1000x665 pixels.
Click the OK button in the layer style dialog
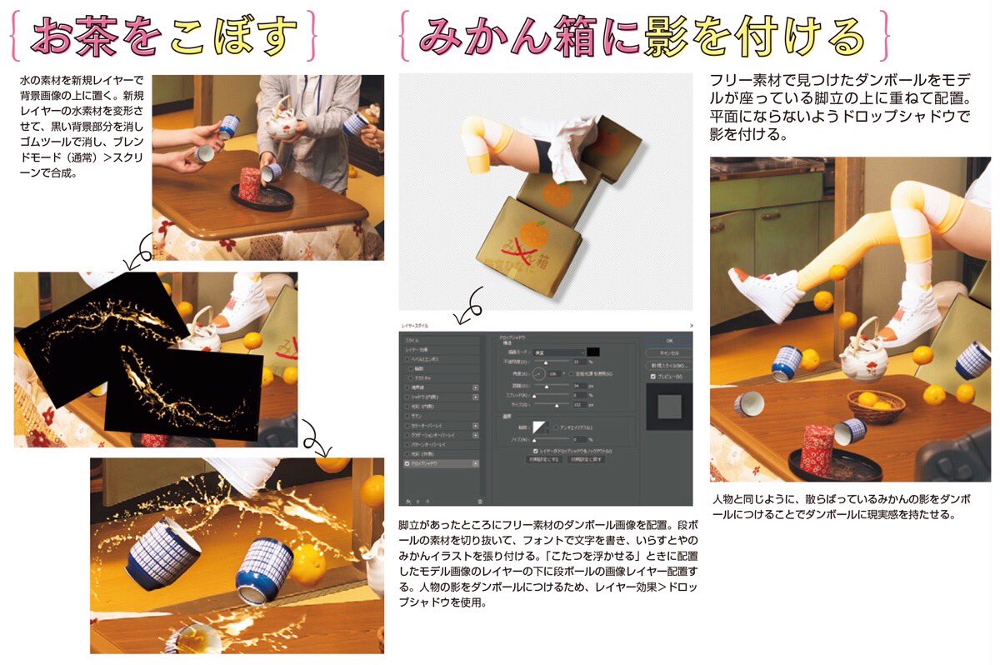pyautogui.click(x=668, y=340)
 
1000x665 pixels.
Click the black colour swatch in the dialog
pyautogui.click(x=594, y=352)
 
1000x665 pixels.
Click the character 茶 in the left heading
pyautogui.click(x=102, y=36)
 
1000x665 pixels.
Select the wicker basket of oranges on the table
pyautogui.click(x=876, y=406)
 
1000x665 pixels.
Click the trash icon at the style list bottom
pyautogui.click(x=480, y=501)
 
